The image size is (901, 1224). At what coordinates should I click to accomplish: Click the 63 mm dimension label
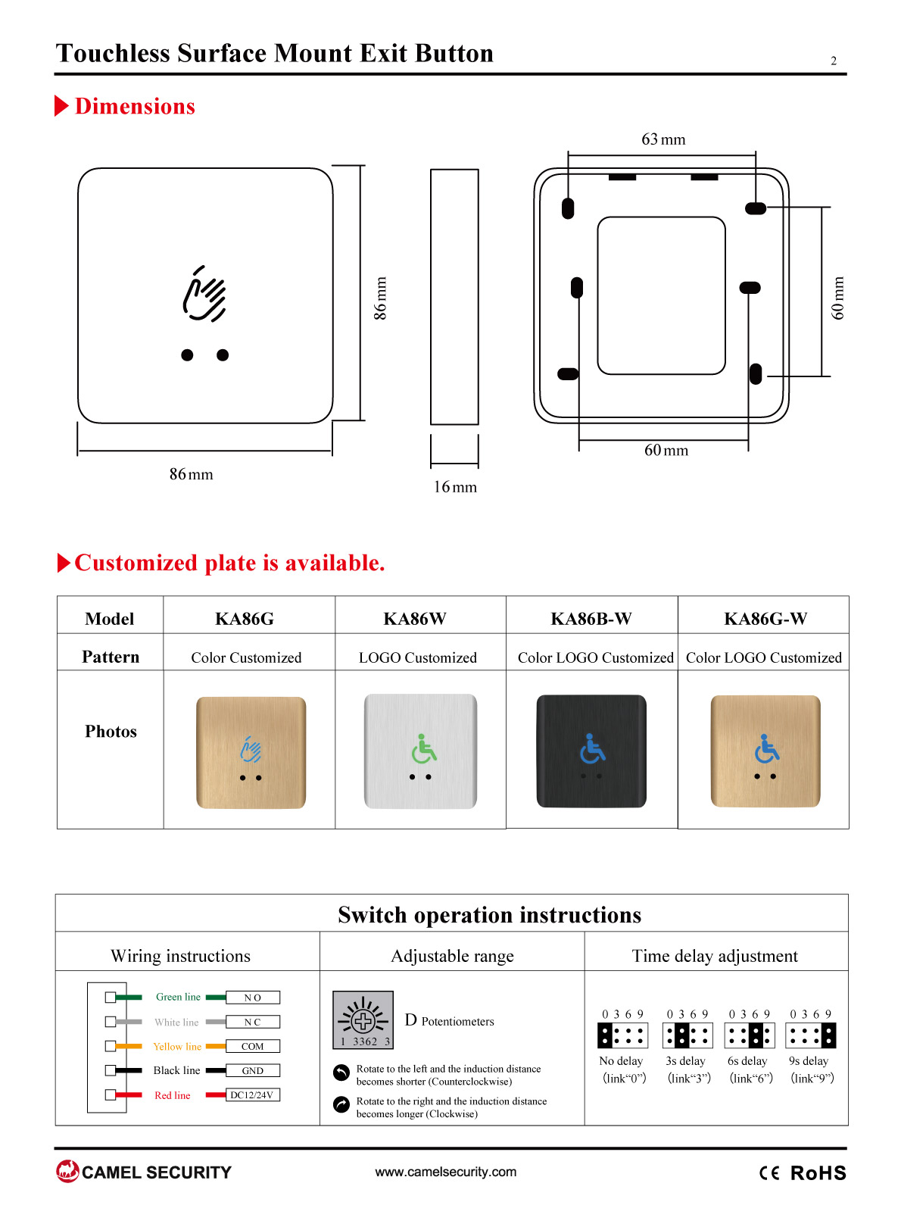coord(663,139)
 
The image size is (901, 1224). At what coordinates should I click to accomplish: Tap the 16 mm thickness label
coord(455,487)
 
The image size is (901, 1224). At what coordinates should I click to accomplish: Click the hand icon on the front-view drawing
coord(204,293)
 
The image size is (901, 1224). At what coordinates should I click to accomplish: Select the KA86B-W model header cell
coord(591,619)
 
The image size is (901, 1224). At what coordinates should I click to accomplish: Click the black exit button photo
coord(591,751)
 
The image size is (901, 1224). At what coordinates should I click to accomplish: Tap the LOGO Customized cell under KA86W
coord(418,657)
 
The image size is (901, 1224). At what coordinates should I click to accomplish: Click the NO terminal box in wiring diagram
coord(253,998)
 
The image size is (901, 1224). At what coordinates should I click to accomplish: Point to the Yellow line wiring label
coord(177,1047)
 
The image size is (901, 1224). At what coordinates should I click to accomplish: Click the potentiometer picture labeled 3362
coord(363,1019)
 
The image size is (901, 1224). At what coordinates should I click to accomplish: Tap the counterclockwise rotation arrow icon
coord(341,1073)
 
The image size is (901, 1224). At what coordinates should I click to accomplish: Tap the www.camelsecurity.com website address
coord(446,1172)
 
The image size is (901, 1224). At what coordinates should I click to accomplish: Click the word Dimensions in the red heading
coord(135,106)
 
